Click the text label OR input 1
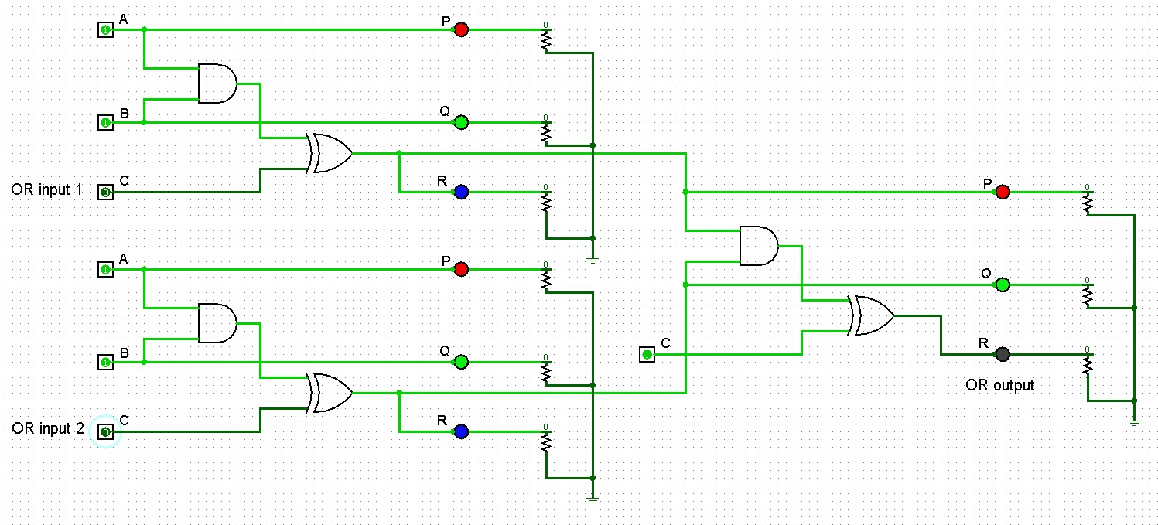(46, 189)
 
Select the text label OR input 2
(47, 428)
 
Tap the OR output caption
(999, 384)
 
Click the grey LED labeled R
(1003, 354)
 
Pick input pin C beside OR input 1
(105, 192)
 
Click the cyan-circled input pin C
(105, 431)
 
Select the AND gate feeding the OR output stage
(758, 246)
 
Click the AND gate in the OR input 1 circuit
(217, 84)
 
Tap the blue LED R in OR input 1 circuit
(461, 192)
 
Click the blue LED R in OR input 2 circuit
(461, 431)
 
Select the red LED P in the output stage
(1003, 192)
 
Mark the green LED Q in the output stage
(1003, 285)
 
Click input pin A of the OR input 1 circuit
(105, 29)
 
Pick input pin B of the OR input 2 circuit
(105, 362)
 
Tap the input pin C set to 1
(647, 354)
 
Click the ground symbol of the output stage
(1134, 421)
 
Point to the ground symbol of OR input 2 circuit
(593, 499)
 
